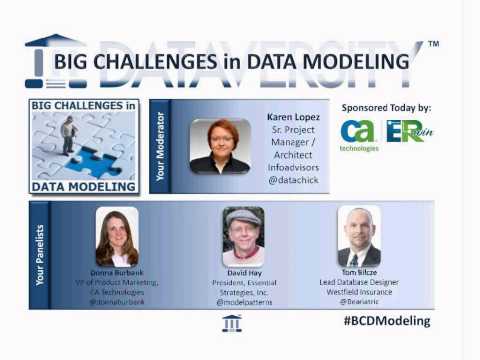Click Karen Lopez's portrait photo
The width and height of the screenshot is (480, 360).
coord(220,146)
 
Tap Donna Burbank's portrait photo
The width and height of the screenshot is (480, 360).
coord(116,236)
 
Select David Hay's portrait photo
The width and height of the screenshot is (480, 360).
coord(243,236)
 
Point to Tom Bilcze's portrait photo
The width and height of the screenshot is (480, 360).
coord(359,236)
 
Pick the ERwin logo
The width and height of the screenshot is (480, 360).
coord(405,131)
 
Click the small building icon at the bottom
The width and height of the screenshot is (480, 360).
coord(232,322)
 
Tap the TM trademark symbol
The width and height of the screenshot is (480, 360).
coord(433,45)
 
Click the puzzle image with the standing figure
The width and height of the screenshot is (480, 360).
coord(83,144)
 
